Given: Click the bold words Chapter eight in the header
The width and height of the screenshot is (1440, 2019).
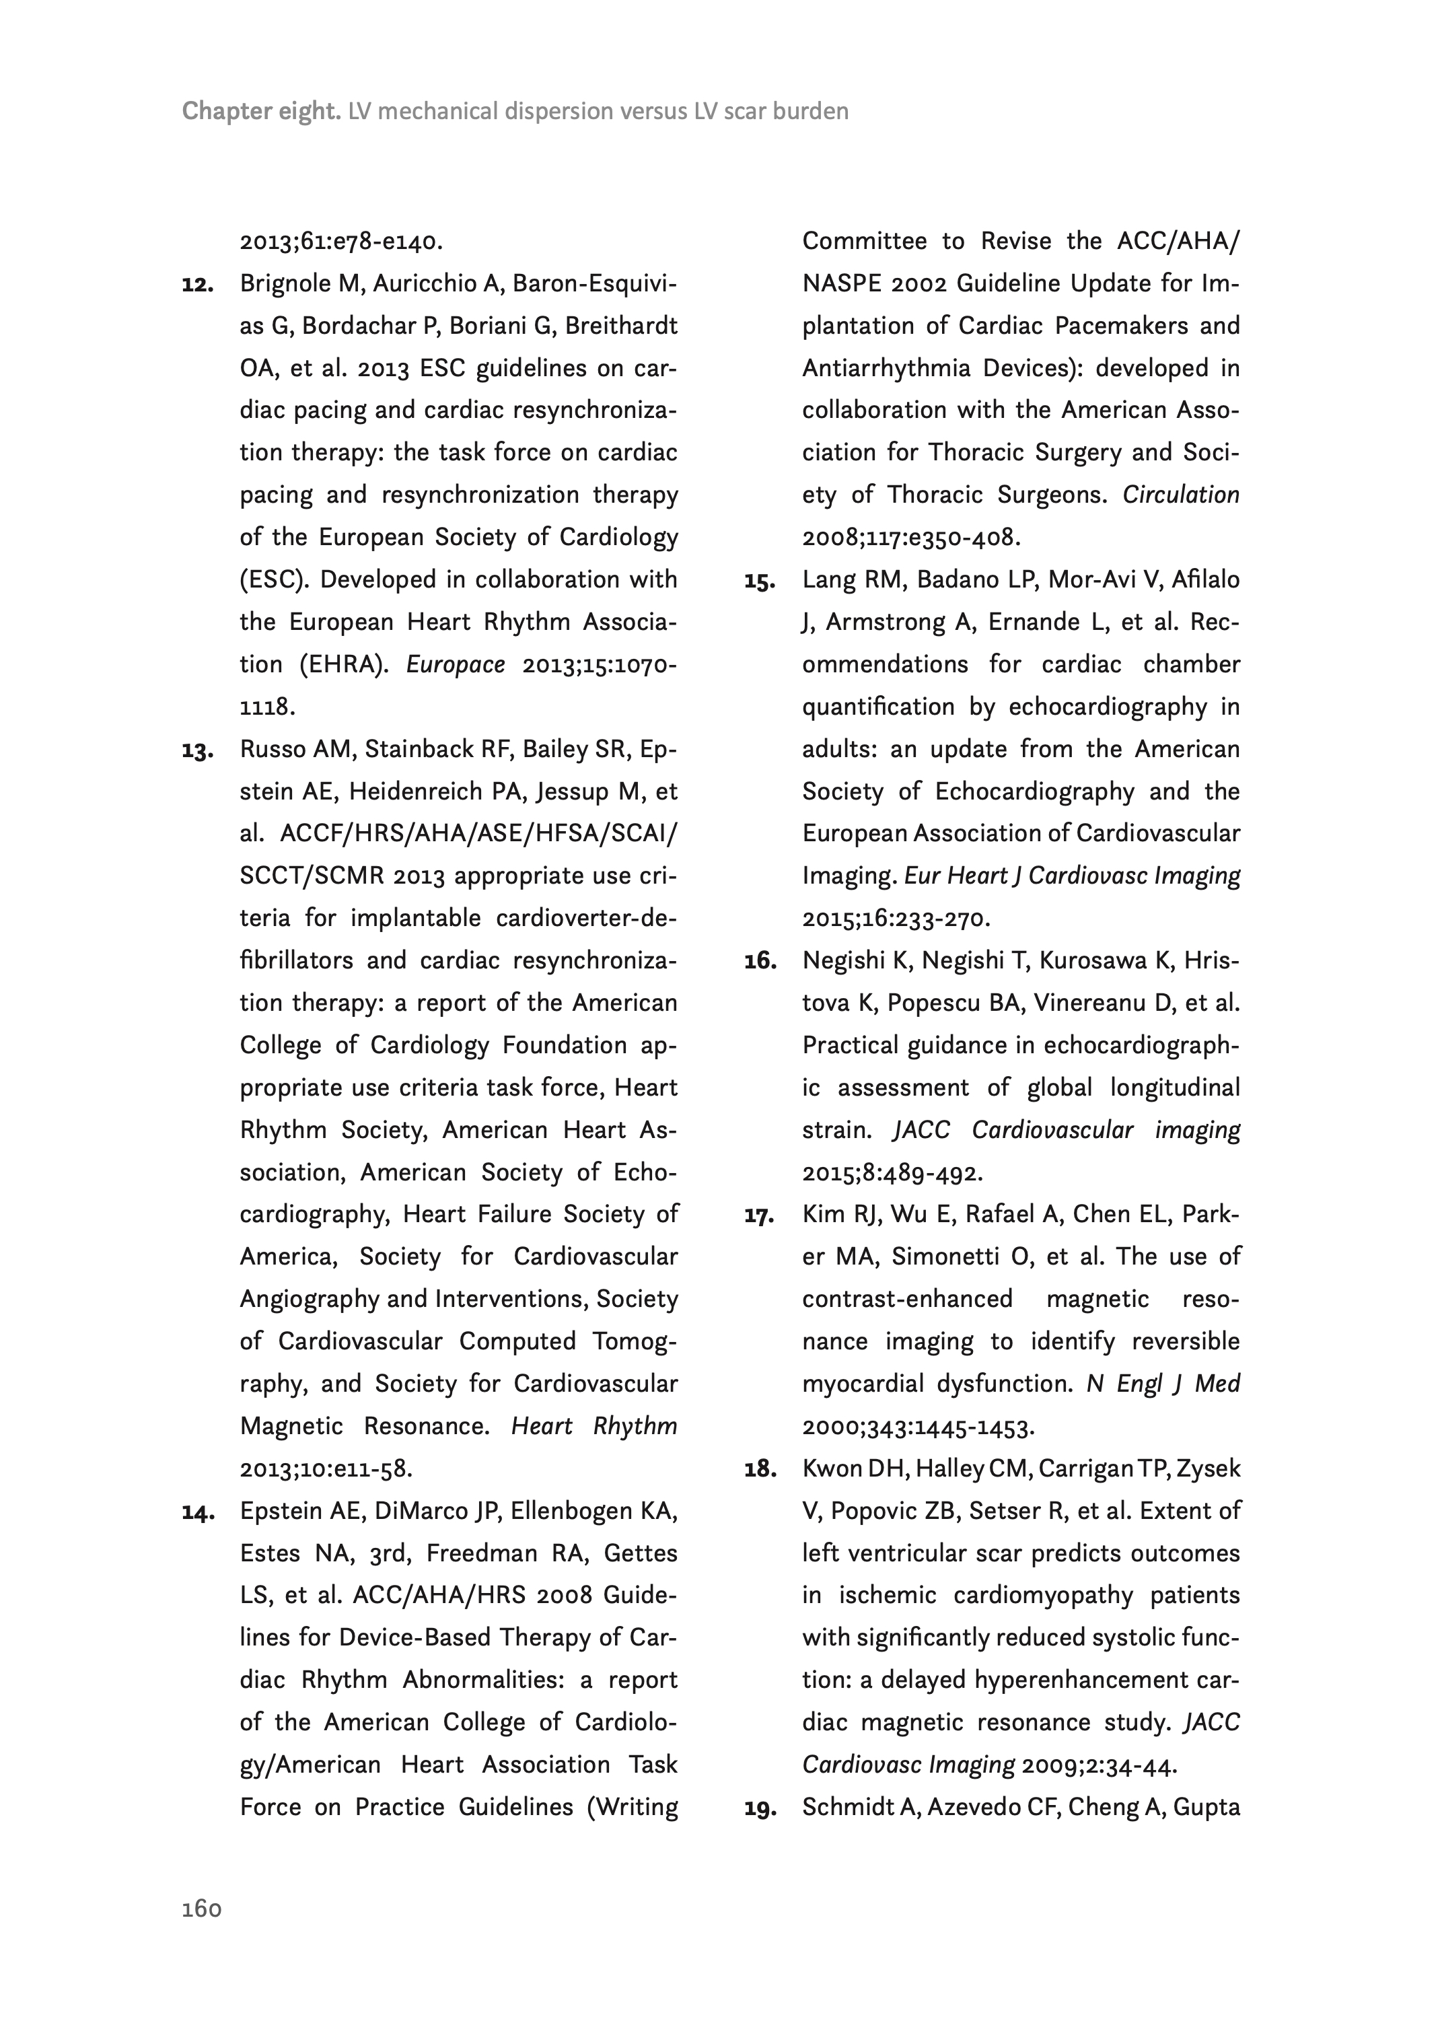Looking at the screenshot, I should pos(260,112).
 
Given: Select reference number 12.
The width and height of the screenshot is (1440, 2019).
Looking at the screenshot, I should pos(198,285).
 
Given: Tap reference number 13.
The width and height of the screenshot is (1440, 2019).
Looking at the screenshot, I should pos(198,751).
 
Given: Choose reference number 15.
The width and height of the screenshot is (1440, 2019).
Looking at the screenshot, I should pos(760,581).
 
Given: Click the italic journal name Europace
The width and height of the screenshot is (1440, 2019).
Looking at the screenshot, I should pos(455,665).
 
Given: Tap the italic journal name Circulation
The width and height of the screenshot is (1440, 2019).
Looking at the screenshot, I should pos(1180,495).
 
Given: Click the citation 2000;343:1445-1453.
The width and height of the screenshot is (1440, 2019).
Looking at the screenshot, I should pos(918,1427).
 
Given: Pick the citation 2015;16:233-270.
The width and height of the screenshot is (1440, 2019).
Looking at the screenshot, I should pos(896,919).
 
